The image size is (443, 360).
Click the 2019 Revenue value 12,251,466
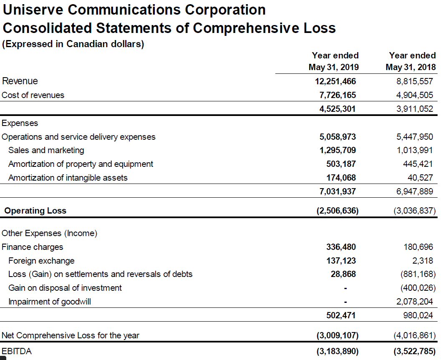pyautogui.click(x=335, y=81)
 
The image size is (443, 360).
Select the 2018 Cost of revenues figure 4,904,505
pyautogui.click(x=415, y=95)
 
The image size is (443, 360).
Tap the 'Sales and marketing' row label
pyautogui.click(x=46, y=150)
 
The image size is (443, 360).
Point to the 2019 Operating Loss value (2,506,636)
pyautogui.click(x=337, y=211)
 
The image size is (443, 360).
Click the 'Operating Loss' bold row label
pyautogui.click(x=35, y=211)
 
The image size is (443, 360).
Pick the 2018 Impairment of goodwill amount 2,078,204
pyautogui.click(x=415, y=302)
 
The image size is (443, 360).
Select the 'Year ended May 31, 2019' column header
pyautogui.click(x=334, y=61)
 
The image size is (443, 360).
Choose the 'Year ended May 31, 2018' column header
pyautogui.click(x=411, y=61)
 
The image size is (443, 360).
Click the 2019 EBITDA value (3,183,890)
pyautogui.click(x=337, y=352)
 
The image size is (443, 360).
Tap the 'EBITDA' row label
pyautogui.click(x=17, y=351)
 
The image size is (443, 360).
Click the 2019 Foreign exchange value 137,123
pyautogui.click(x=341, y=261)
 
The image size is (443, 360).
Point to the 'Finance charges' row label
pyautogui.click(x=33, y=247)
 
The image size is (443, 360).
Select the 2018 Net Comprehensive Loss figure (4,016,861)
pyautogui.click(x=415, y=335)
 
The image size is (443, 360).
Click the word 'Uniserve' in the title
pyautogui.click(x=33, y=10)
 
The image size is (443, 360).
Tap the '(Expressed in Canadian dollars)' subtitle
pyautogui.click(x=73, y=44)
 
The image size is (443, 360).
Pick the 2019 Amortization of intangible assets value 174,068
pyautogui.click(x=341, y=178)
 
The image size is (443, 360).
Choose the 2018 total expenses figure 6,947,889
pyautogui.click(x=415, y=191)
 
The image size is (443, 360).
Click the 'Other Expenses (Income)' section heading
pyautogui.click(x=50, y=234)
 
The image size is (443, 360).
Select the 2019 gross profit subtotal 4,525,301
pyautogui.click(x=337, y=109)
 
